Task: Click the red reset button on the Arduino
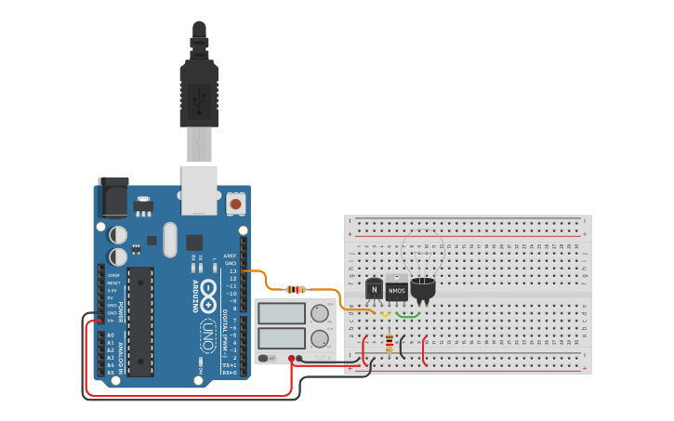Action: pyautogui.click(x=235, y=203)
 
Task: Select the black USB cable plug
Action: pyautogui.click(x=198, y=84)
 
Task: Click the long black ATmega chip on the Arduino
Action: pyautogui.click(x=139, y=321)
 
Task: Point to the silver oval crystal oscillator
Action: pyautogui.click(x=168, y=240)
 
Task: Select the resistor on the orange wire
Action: pyautogui.click(x=297, y=289)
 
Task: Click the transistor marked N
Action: pyautogui.click(x=374, y=290)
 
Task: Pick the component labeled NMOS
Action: pyautogui.click(x=397, y=291)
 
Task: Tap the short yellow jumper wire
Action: pyautogui.click(x=385, y=314)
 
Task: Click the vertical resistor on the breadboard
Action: pyautogui.click(x=388, y=344)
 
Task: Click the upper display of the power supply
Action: pyautogui.click(x=282, y=313)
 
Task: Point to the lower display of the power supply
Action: pyautogui.click(x=282, y=337)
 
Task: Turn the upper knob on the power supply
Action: pyautogui.click(x=320, y=313)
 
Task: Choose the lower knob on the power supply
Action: pyautogui.click(x=320, y=337)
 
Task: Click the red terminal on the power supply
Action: pyautogui.click(x=291, y=358)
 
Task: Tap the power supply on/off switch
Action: pyautogui.click(x=267, y=358)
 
